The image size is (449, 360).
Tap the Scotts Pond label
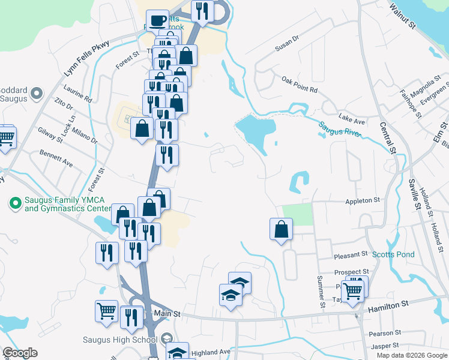[393, 254]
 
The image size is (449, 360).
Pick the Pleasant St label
[351, 256]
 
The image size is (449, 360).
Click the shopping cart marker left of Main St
[106, 311]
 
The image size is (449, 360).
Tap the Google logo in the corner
[20, 353]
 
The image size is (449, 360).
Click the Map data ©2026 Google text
[412, 355]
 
